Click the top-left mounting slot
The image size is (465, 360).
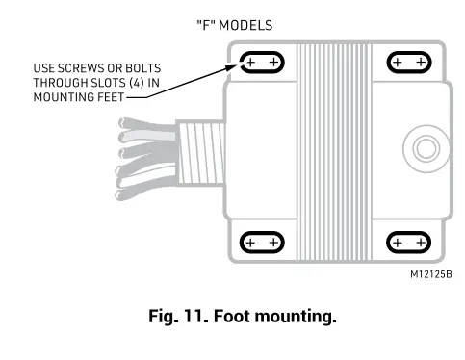[x=260, y=63]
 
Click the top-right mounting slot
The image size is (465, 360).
[x=408, y=63]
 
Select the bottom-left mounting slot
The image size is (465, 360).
[x=260, y=242]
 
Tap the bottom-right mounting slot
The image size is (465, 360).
[x=408, y=242]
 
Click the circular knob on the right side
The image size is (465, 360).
[x=424, y=148]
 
